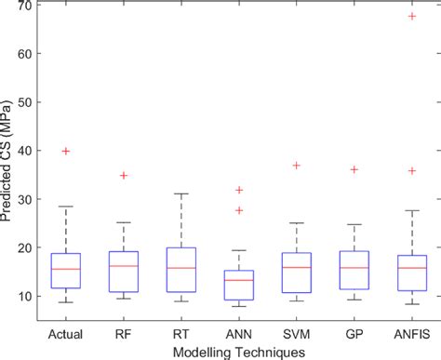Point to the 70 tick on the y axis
(x=24, y=6)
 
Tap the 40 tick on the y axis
(x=24, y=151)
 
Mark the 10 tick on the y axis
(x=24, y=296)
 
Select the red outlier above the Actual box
(x=66, y=151)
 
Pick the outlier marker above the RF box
(x=123, y=175)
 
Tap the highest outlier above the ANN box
(x=237, y=190)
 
